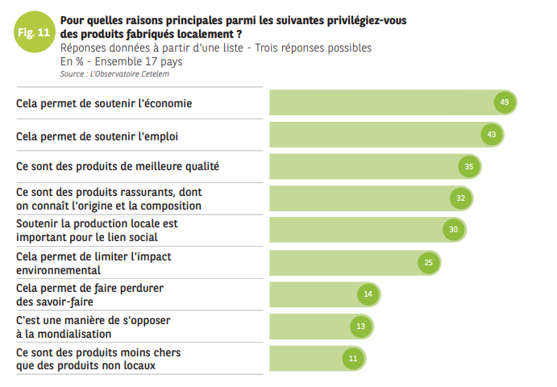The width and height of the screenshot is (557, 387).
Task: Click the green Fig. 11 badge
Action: tap(33, 33)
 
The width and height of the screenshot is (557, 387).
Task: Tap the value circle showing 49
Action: tap(505, 102)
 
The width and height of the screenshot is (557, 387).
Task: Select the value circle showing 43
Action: tap(491, 134)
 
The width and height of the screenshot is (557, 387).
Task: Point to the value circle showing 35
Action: tap(469, 166)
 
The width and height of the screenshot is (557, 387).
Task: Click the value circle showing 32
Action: tap(460, 198)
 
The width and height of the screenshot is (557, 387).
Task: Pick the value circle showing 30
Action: tap(454, 230)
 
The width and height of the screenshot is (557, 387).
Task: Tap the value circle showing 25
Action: tap(429, 262)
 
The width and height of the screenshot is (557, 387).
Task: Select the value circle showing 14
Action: tap(368, 294)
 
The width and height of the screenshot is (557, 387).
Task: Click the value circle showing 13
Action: tap(361, 326)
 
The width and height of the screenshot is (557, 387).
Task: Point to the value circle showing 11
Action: tap(352, 357)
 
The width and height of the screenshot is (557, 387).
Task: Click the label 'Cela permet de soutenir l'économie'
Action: tap(104, 103)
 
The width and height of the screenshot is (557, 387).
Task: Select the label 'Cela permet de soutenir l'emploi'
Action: tap(97, 135)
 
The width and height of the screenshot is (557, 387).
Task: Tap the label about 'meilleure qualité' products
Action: tap(118, 166)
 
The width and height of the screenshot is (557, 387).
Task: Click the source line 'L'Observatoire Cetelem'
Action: tap(114, 74)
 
